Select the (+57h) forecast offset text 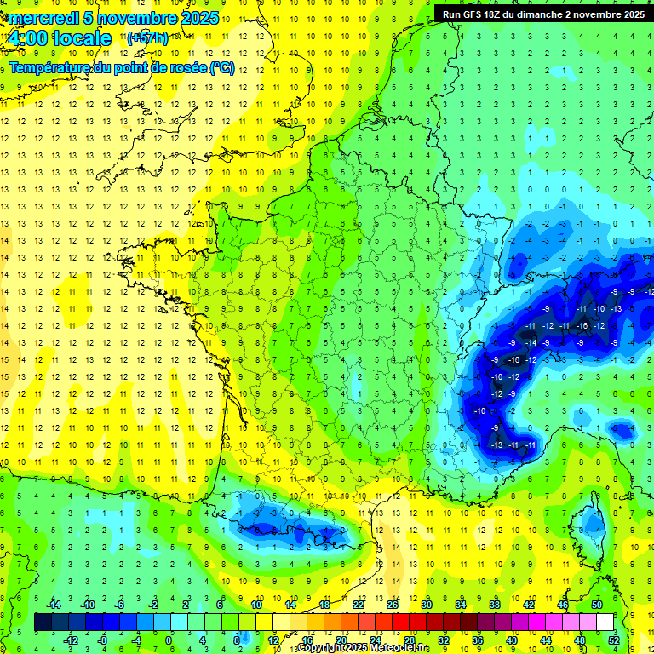[x=147, y=38]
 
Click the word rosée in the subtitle [x=184, y=68]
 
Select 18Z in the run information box [x=493, y=14]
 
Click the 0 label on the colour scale [x=169, y=640]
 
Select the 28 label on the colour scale [x=410, y=640]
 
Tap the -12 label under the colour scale [x=72, y=640]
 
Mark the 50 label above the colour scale [x=597, y=605]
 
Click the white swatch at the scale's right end [x=605, y=622]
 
